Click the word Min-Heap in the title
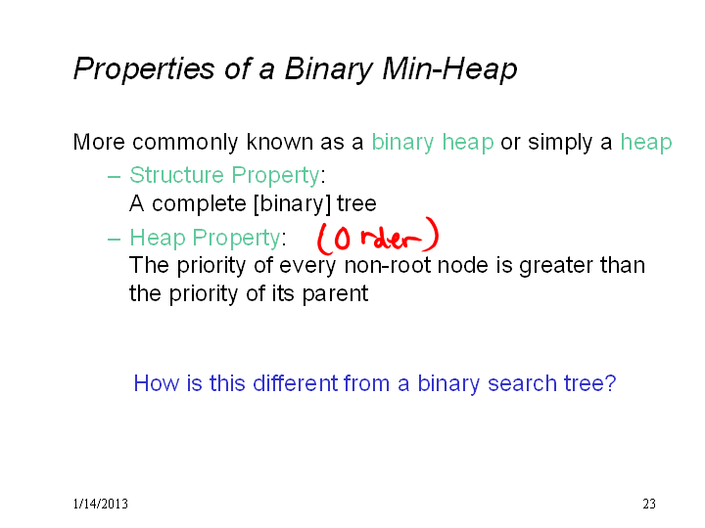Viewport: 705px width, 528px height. tap(449, 69)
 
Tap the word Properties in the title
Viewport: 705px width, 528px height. tap(144, 69)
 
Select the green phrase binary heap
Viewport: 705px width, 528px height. tap(433, 143)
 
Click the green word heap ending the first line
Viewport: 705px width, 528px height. tap(646, 143)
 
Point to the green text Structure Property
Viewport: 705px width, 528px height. tap(224, 176)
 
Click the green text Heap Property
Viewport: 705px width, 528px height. tap(205, 238)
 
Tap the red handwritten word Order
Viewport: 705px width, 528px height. tap(378, 237)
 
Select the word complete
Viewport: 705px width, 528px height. tap(199, 204)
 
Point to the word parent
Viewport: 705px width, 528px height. tap(335, 295)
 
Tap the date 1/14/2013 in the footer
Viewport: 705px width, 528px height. tap(100, 504)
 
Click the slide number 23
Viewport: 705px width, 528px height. tap(649, 504)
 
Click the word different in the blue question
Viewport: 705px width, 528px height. tap(296, 383)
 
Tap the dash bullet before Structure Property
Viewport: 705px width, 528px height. tap(115, 177)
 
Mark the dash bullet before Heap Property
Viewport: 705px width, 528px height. tap(115, 240)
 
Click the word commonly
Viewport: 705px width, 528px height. tap(185, 143)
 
